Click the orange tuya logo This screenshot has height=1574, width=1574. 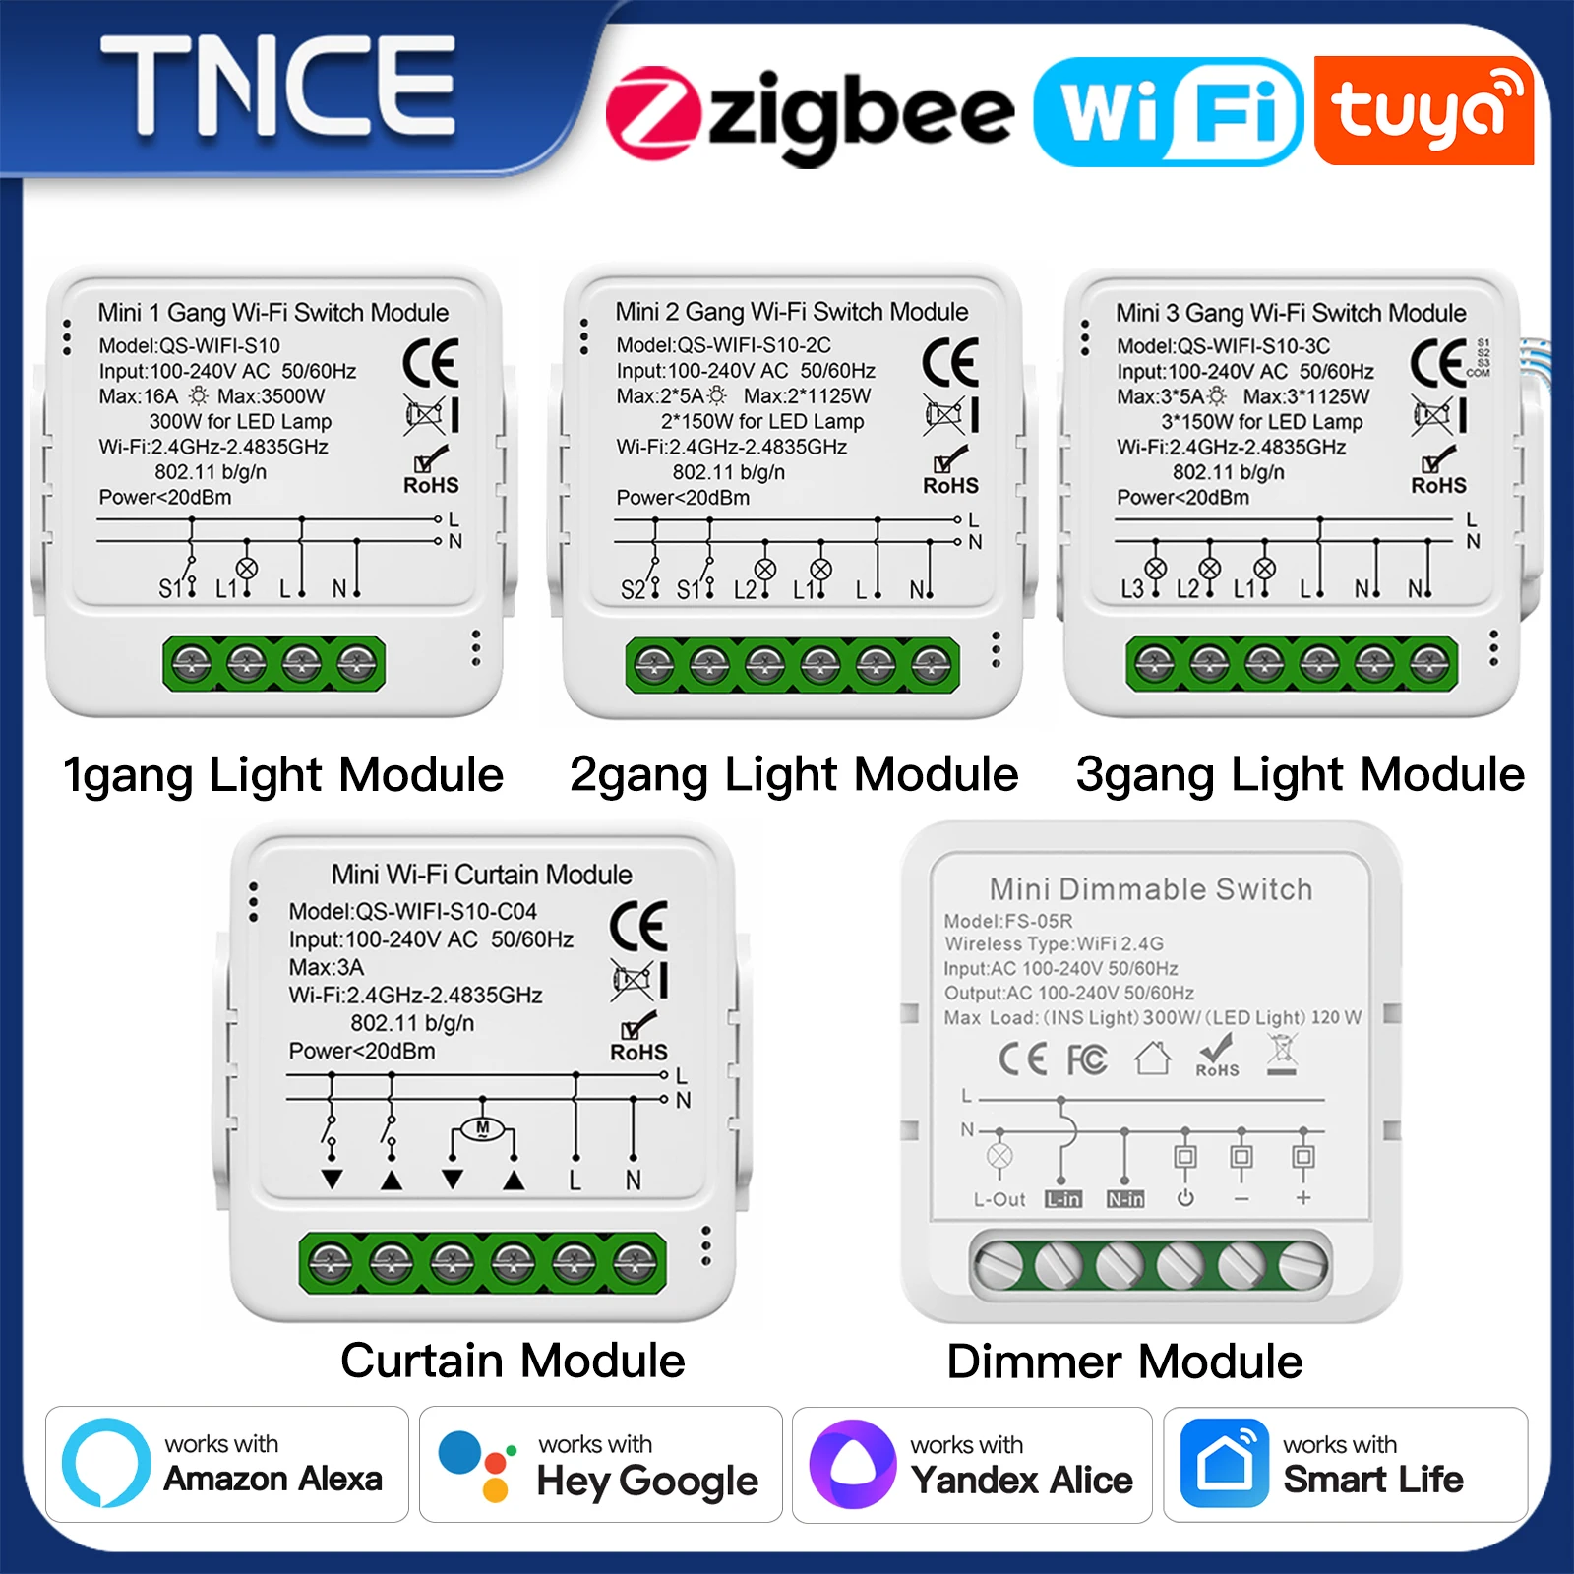(x=1423, y=110)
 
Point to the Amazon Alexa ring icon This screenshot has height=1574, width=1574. (x=105, y=1463)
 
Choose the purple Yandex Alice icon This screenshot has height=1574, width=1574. (x=852, y=1464)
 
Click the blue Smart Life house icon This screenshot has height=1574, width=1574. (x=1224, y=1464)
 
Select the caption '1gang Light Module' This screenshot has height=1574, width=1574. (x=282, y=774)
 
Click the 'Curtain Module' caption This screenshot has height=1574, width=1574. (x=513, y=1361)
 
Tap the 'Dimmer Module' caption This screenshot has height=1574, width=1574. (x=1124, y=1362)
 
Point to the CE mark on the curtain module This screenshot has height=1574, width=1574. (x=638, y=925)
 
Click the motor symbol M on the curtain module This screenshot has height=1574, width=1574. (x=482, y=1128)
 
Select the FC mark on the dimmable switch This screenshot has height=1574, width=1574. (x=1087, y=1059)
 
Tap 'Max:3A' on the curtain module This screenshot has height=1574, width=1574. (x=326, y=967)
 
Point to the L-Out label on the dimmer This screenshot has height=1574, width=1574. (x=999, y=1199)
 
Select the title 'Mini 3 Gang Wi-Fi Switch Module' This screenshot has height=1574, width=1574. (x=1291, y=313)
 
